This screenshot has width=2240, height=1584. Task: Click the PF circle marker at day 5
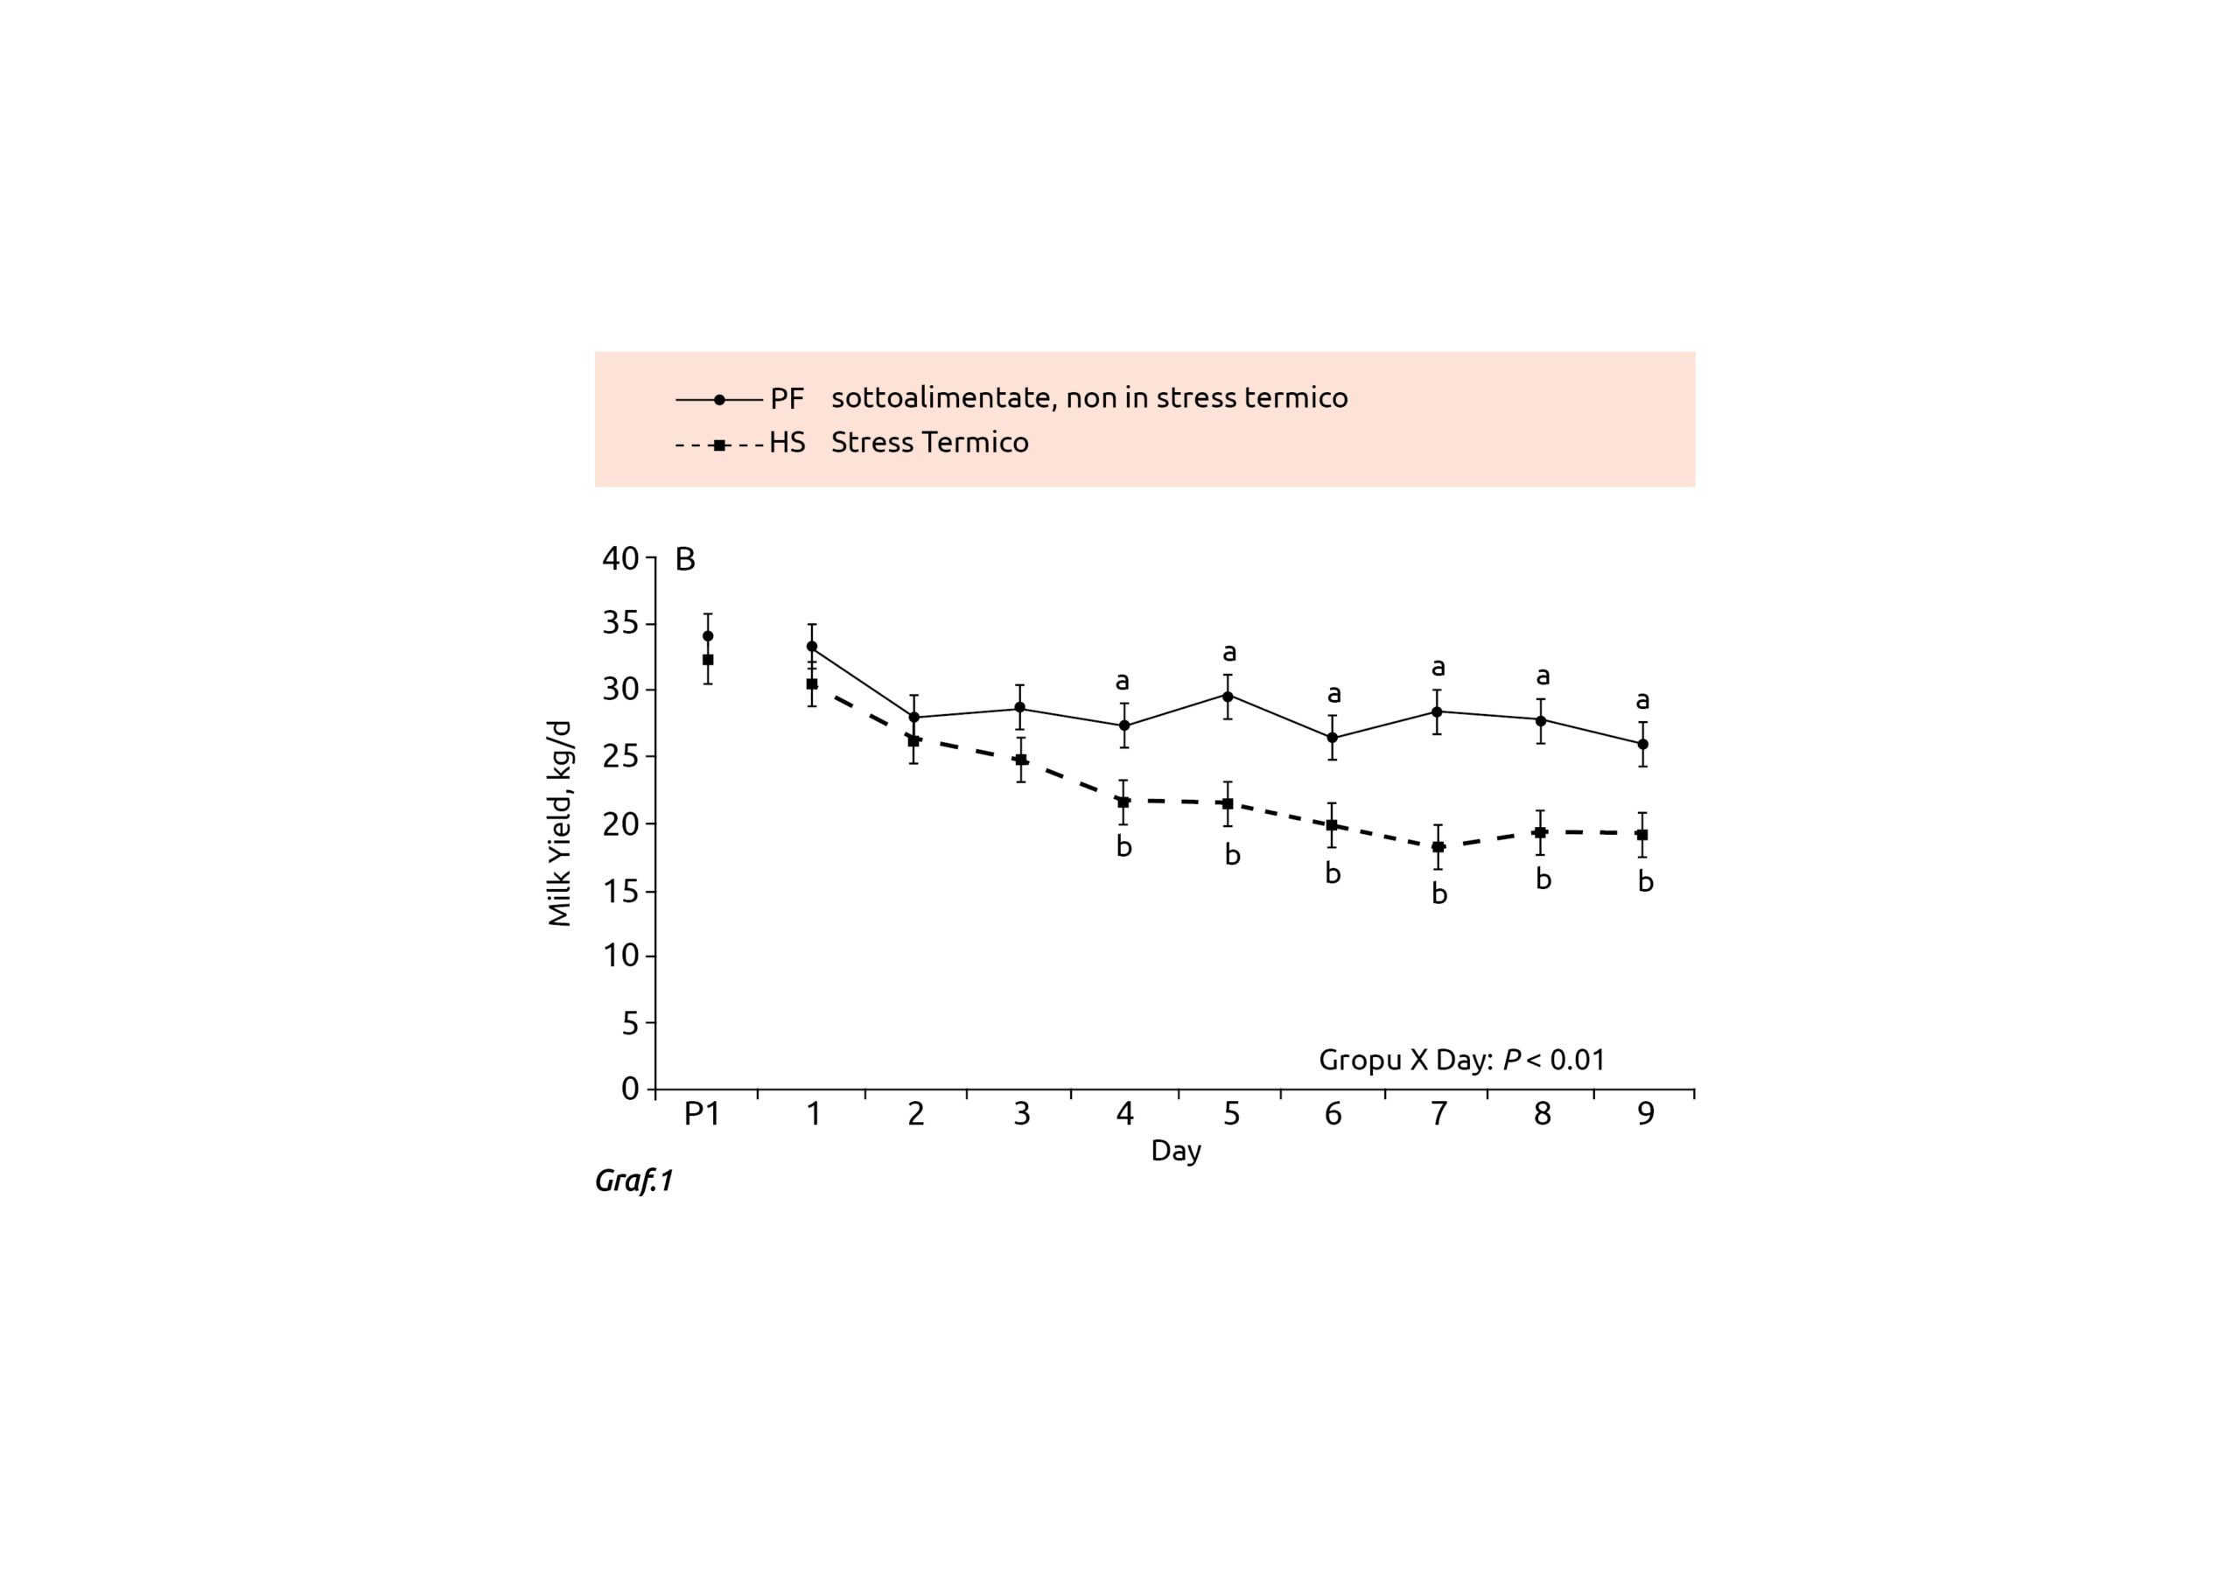click(1228, 696)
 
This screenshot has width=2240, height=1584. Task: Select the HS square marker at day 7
click(1438, 847)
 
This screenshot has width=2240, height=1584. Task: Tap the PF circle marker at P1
click(707, 636)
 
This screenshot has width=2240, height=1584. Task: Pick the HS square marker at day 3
click(1020, 760)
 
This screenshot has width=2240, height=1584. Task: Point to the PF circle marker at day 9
click(1643, 744)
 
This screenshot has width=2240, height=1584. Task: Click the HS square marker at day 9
click(1643, 835)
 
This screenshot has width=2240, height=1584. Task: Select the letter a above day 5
click(1229, 652)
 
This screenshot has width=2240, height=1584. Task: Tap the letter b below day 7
click(1439, 894)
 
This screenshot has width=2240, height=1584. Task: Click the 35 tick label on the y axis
click(620, 624)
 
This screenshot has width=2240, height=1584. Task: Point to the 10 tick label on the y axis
click(620, 956)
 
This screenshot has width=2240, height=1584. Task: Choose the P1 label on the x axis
click(702, 1113)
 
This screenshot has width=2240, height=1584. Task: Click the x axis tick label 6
click(1333, 1113)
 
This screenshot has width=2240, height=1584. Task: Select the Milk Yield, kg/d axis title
click(559, 823)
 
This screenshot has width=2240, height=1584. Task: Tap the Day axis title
click(1176, 1151)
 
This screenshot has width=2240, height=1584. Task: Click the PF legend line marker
click(720, 399)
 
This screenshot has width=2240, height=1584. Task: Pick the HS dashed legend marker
click(720, 445)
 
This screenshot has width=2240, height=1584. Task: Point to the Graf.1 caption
click(634, 1181)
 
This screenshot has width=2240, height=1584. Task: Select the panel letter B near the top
click(686, 559)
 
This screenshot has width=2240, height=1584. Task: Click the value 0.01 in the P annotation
click(1578, 1060)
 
